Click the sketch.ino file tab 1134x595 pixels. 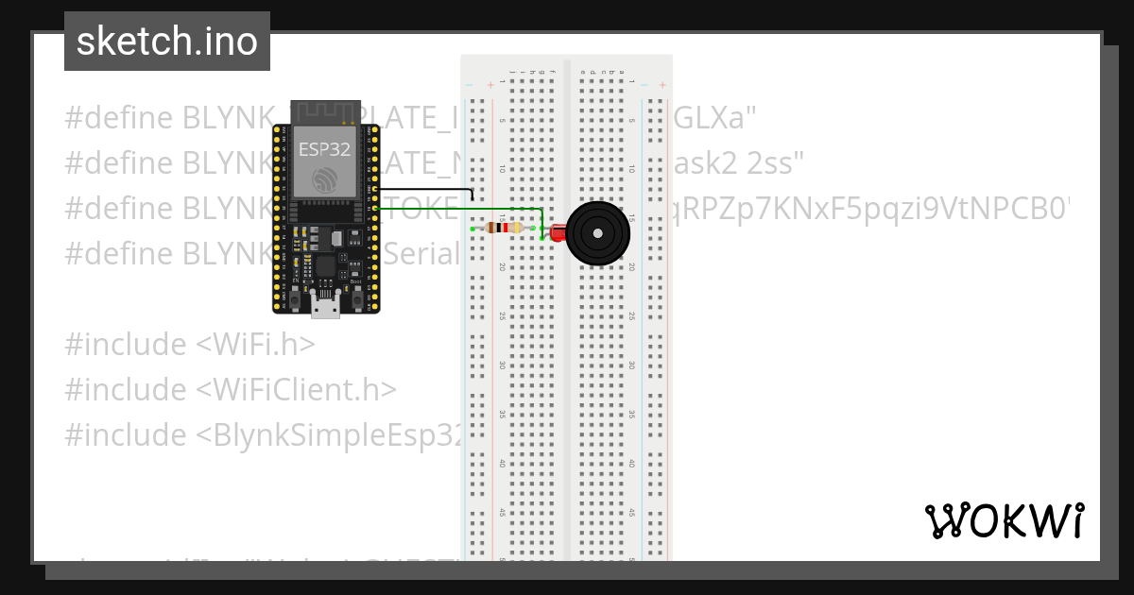[167, 42]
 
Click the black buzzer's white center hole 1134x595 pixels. [597, 232]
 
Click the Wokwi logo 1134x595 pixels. [1004, 520]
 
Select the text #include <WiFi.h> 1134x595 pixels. [189, 345]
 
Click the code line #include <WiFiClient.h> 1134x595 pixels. [231, 390]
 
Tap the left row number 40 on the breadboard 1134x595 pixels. [502, 464]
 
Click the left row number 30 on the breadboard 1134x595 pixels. [502, 365]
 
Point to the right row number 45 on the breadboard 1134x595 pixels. [630, 513]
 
